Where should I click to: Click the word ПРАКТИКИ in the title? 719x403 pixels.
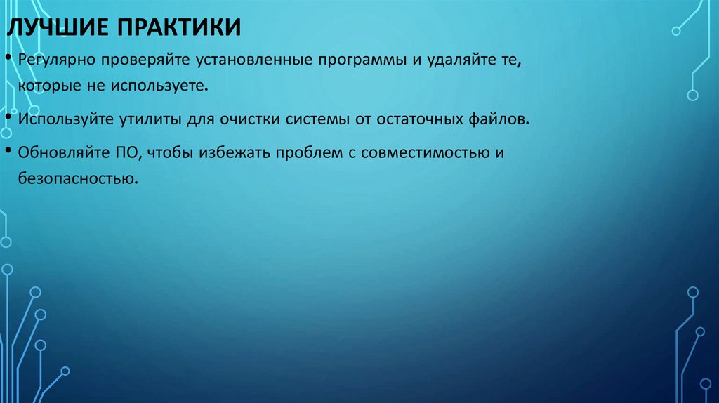178,29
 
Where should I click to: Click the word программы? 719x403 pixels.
363,61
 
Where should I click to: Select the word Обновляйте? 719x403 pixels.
62,153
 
